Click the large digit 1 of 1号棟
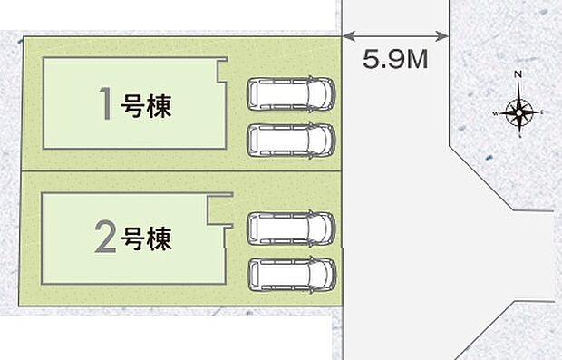pos(107,105)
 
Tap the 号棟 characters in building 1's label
pos(146,107)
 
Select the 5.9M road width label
pos(395,62)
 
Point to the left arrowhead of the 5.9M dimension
pos(346,36)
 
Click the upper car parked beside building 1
pos(291,92)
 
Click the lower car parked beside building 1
pos(291,138)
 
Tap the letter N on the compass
pos(518,74)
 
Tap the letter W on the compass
pos(496,113)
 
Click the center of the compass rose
pos(518,112)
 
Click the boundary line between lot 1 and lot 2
pos(181,170)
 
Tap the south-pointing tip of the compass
pos(519,134)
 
